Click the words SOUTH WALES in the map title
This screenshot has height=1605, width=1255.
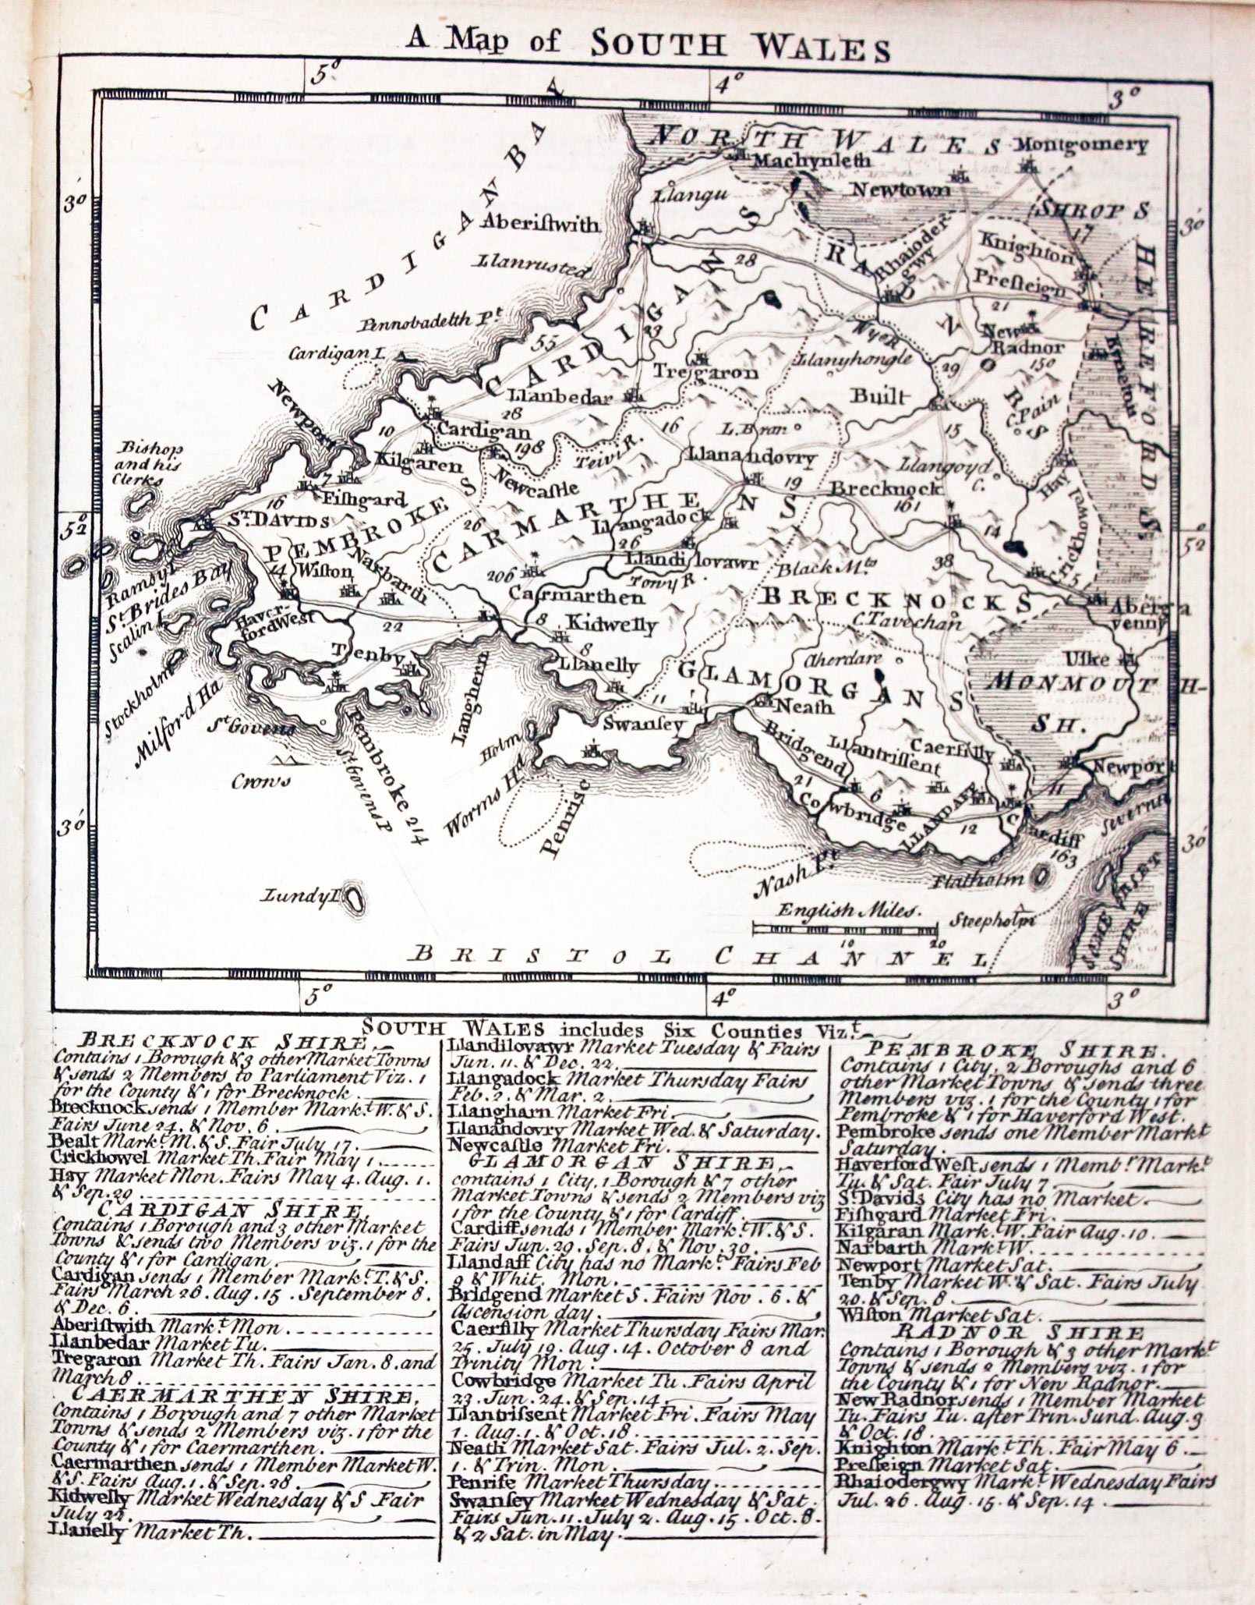click(x=740, y=46)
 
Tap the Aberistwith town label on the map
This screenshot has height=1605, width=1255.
click(x=540, y=224)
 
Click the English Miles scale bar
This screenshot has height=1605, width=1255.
click(x=844, y=928)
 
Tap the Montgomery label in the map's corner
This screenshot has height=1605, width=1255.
click(x=1082, y=145)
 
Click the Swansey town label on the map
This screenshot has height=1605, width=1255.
click(x=643, y=723)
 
